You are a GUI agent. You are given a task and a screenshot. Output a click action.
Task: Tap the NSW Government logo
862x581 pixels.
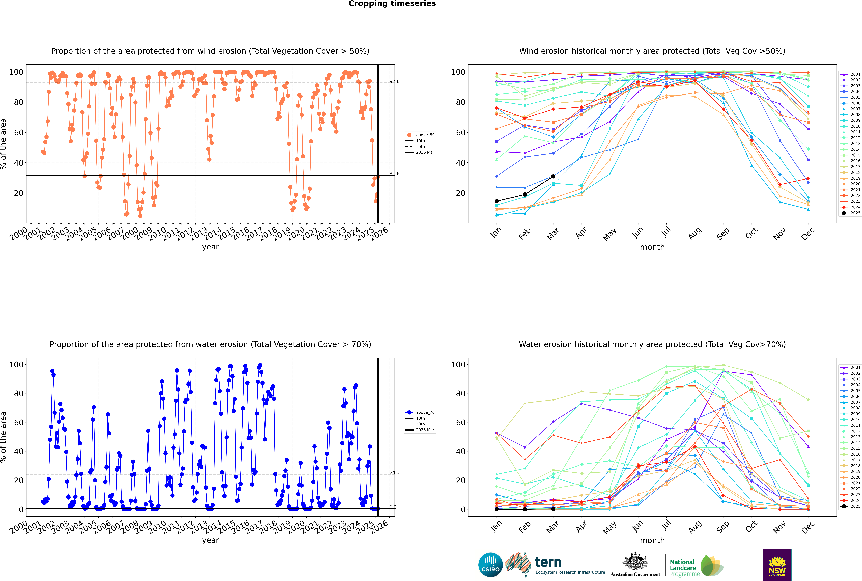pos(777,564)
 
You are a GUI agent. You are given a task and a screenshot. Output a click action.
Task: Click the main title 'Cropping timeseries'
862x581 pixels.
pos(392,4)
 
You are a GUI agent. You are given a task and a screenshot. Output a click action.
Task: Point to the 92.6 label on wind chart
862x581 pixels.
pos(394,81)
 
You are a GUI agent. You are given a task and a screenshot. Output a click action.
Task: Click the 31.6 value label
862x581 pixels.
pos(394,174)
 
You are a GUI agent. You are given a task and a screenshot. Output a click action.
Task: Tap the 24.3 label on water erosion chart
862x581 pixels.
pos(394,472)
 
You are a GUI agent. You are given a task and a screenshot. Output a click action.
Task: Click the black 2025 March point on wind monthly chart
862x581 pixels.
pos(553,176)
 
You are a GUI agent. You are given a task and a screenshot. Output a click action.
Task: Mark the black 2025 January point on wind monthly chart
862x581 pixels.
pos(497,201)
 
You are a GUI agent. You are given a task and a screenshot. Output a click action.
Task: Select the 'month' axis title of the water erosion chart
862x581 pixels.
pos(652,540)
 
